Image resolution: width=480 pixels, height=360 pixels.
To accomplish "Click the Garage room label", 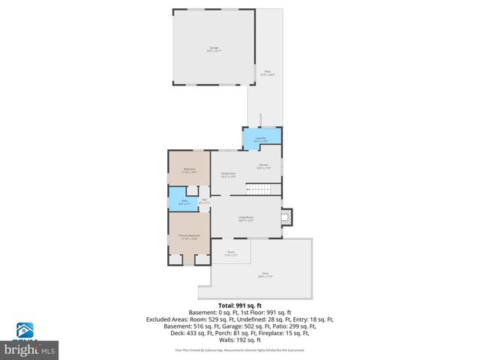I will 214,49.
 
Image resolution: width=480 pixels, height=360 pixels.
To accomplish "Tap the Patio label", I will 267,73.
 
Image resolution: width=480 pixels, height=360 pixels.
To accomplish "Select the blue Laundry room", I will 262,139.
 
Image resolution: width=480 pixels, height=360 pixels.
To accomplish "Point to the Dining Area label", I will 229,175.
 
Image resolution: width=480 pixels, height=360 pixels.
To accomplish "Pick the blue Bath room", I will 184,202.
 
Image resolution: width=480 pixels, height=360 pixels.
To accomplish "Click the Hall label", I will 203,201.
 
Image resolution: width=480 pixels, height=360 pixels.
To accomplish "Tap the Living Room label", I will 247,219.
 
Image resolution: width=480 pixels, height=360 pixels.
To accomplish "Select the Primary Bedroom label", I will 188,237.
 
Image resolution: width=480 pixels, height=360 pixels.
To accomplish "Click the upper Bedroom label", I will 189,170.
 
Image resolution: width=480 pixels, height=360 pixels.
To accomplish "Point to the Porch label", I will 230,253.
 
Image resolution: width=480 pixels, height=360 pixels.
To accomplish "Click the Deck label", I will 265,274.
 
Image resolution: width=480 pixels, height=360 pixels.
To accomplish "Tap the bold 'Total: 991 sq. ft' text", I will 240,305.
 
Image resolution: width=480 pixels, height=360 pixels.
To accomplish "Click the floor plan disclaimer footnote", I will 240,349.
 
